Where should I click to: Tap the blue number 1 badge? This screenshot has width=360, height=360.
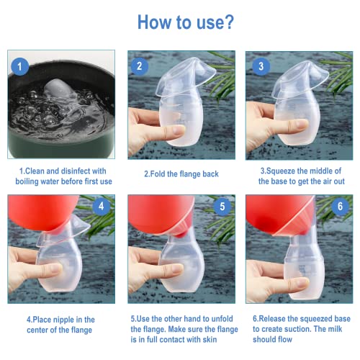(x=20, y=68)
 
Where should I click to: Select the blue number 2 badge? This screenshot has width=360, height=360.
(x=140, y=67)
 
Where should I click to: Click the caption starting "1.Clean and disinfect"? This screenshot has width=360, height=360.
(x=63, y=176)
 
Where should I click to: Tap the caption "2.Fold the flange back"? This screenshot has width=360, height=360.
(x=181, y=174)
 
